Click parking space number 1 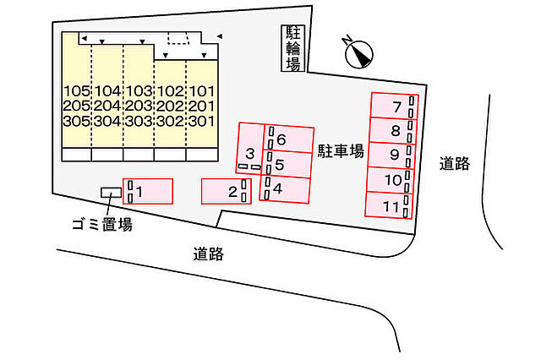pyautogui.click(x=148, y=191)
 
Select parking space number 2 pyautogui.click(x=226, y=191)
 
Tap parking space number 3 pyautogui.click(x=250, y=148)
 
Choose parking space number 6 pyautogui.click(x=289, y=139)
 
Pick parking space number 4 pyautogui.click(x=284, y=188)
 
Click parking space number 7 pyautogui.click(x=395, y=106)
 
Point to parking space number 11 pyautogui.click(x=389, y=205)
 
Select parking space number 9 pyautogui.click(x=392, y=155)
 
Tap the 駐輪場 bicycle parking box pyautogui.click(x=293, y=49)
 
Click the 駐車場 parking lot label pyautogui.click(x=341, y=151)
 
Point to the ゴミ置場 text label pyautogui.click(x=102, y=225)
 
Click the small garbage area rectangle pyautogui.click(x=111, y=193)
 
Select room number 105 pyautogui.click(x=77, y=91)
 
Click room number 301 pyautogui.click(x=202, y=121)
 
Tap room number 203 pyautogui.click(x=139, y=106)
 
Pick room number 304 pyautogui.click(x=107, y=121)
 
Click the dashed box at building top pyautogui.click(x=178, y=38)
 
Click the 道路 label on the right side pyautogui.click(x=455, y=163)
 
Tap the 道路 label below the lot pyautogui.click(x=209, y=254)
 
